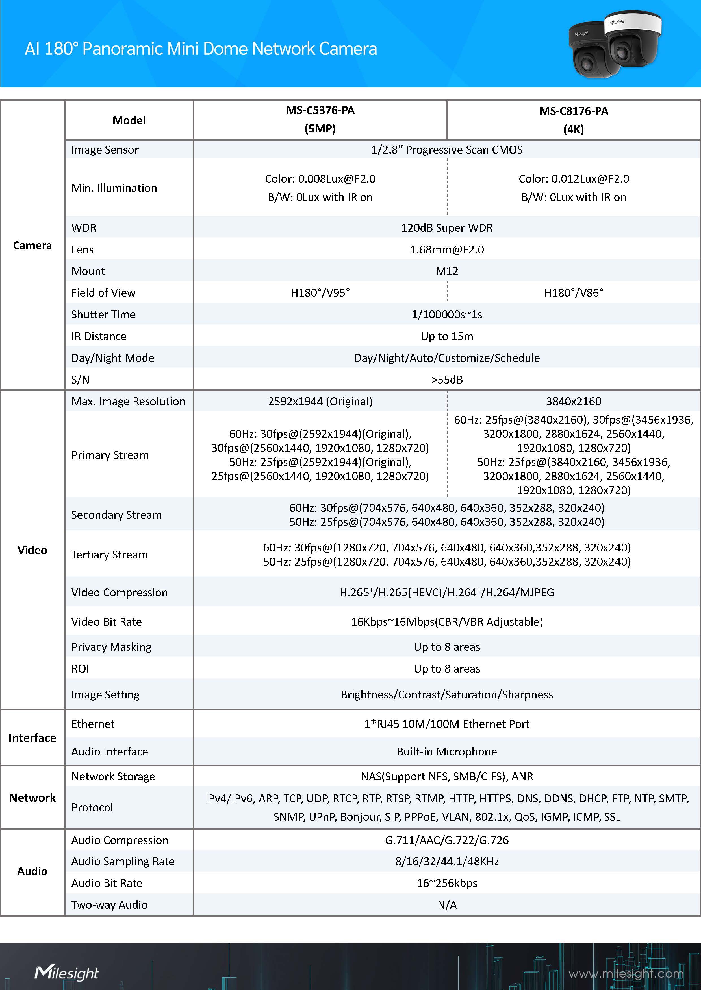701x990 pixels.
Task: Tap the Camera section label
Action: pos(32,245)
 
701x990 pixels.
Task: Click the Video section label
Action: pos(32,550)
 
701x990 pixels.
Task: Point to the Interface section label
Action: pos(32,738)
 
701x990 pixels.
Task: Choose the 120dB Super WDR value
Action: pos(447,228)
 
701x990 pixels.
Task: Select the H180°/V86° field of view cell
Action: pos(573,293)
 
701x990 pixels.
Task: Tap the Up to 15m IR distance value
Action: pos(447,336)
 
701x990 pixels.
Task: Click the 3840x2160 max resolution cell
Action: pos(573,401)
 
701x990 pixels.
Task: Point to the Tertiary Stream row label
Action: pos(109,555)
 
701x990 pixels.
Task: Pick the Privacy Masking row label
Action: pos(111,647)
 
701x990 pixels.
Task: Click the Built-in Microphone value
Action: pos(447,752)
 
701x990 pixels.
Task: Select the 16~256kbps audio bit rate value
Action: pos(447,883)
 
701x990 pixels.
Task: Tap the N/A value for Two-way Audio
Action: pos(447,904)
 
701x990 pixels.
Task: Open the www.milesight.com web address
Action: pos(626,974)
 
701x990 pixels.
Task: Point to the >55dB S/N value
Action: pos(447,380)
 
